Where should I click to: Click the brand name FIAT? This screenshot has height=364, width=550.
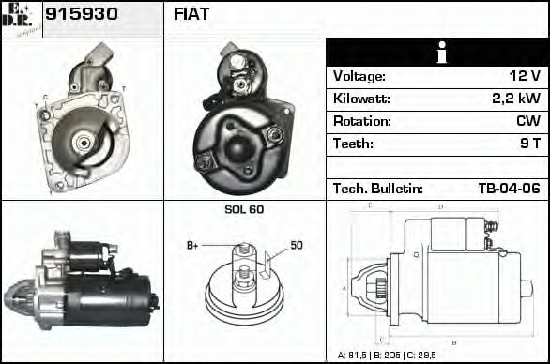pos(191,14)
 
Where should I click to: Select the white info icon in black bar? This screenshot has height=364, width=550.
pos(436,53)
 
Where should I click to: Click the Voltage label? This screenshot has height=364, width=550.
pos(359,76)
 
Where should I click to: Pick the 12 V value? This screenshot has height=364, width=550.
pos(522,76)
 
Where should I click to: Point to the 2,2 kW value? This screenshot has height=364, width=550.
pos(515,99)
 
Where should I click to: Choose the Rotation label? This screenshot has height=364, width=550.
pos(361,121)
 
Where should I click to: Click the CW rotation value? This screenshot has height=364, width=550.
pos(527,121)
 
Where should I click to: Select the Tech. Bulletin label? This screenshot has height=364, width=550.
pos(378,189)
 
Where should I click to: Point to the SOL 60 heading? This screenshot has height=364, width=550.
pos(244,209)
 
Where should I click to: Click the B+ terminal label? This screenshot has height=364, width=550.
pos(193,246)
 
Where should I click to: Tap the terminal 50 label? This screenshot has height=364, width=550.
pos(296,246)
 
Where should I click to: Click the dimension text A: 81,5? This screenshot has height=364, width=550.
pos(355,356)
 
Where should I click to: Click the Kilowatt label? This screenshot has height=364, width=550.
pos(361,99)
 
